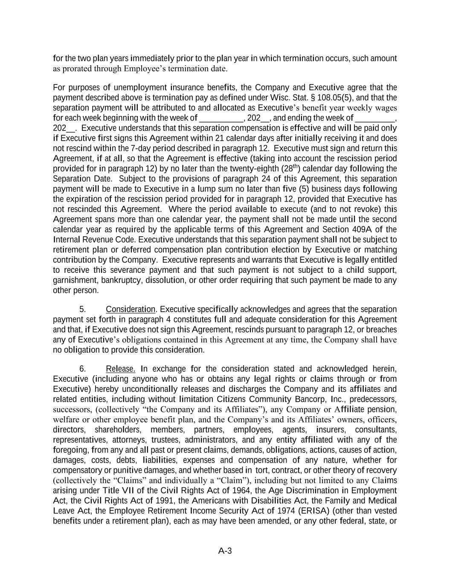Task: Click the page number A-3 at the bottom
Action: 225,551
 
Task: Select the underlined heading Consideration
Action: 130,309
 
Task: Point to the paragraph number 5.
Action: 83,309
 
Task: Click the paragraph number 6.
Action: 83,369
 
